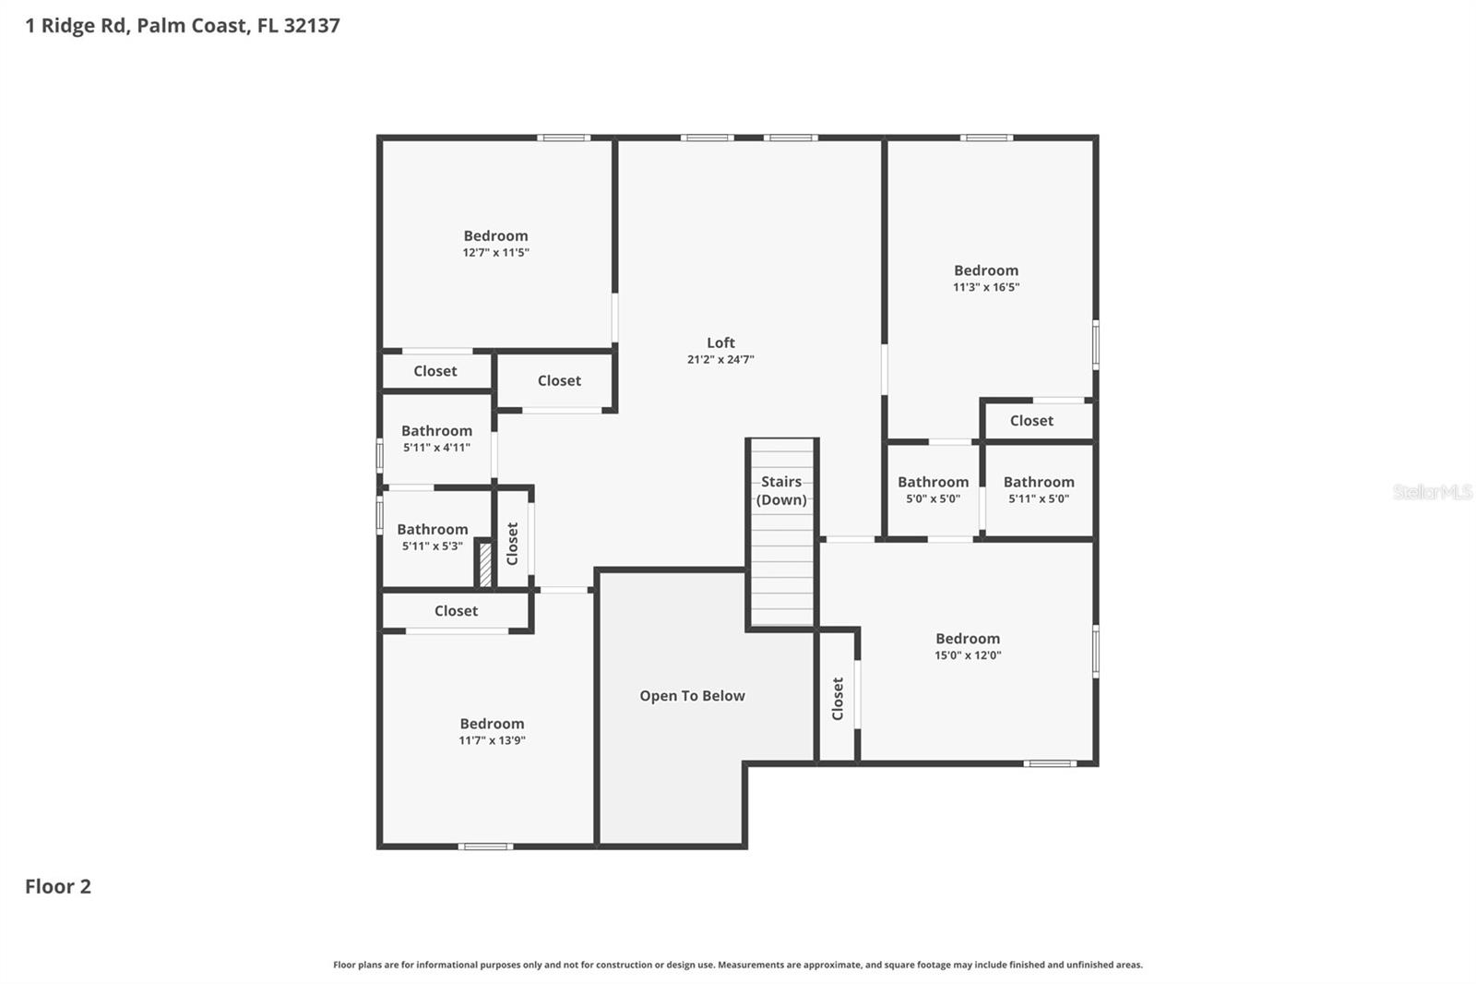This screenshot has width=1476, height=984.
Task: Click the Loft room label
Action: pos(720,342)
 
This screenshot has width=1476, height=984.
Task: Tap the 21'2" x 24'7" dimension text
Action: pos(720,360)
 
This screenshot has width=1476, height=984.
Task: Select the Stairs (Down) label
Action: pos(781,490)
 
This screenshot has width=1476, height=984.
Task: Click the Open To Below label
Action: pos(692,696)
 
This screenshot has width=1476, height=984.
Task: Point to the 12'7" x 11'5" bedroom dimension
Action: pos(495,253)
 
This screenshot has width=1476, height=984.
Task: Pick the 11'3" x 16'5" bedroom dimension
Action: pos(985,287)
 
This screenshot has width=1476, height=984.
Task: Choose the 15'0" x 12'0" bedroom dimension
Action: pos(967,655)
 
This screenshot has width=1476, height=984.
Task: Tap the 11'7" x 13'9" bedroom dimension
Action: pos(492,740)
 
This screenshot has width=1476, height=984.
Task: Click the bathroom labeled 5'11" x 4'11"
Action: pos(436,438)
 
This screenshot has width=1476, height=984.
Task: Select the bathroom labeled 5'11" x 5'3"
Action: pos(432,537)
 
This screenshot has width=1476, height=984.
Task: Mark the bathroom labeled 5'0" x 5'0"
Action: pos(933,489)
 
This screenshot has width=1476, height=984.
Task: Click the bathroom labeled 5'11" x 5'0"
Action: pos(1038,489)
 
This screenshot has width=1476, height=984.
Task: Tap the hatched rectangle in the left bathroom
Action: pos(485,564)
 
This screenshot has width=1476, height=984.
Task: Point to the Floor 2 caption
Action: pos(58,886)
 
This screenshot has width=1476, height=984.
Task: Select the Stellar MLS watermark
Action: pos(1432,492)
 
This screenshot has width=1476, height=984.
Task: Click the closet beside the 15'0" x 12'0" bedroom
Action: pos(838,699)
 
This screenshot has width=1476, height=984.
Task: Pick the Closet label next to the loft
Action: pos(559,380)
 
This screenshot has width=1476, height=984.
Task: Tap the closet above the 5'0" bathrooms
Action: pos(1030,421)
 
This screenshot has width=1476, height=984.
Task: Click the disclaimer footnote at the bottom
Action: pos(737,965)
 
